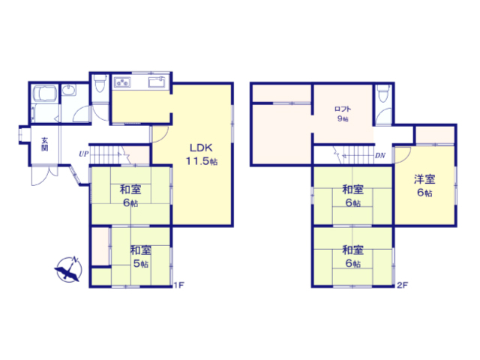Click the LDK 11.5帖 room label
[202, 154]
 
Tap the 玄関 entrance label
[45, 145]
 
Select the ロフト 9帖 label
[343, 113]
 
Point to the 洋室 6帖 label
[424, 185]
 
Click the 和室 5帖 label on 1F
[140, 256]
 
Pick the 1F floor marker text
[178, 285]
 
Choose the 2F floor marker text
[402, 285]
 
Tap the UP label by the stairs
[83, 154]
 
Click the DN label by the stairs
[380, 155]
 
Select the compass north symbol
[70, 269]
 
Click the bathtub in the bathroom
[45, 93]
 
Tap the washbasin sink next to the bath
[69, 90]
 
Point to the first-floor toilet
[100, 83]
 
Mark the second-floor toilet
[383, 93]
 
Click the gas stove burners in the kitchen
[122, 82]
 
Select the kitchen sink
[157, 82]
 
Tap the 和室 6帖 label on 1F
[130, 196]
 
